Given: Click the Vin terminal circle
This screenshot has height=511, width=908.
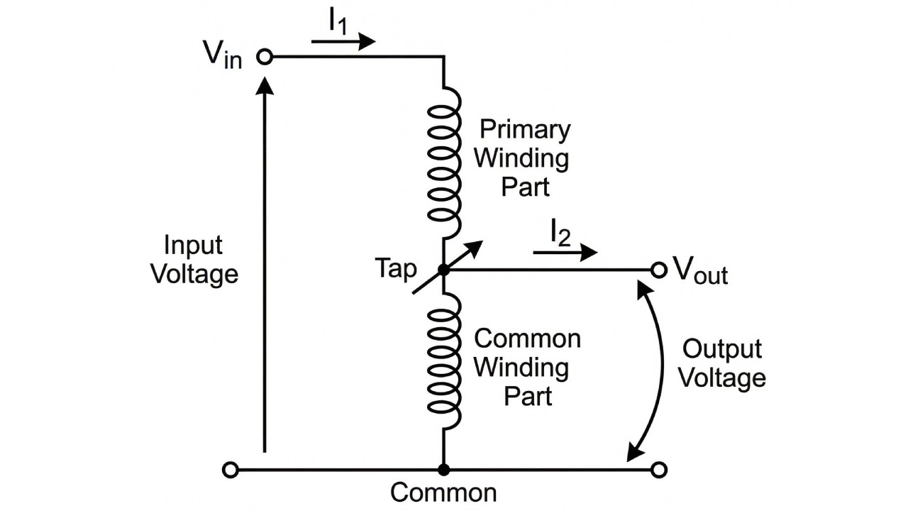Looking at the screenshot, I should pyautogui.click(x=265, y=57).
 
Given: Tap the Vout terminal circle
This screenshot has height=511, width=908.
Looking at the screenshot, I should pyautogui.click(x=659, y=270).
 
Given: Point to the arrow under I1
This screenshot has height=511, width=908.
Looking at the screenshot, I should pyautogui.click(x=343, y=42).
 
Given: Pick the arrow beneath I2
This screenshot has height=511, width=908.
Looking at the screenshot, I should pyautogui.click(x=565, y=252).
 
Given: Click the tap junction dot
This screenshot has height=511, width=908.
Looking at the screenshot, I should pyautogui.click(x=443, y=270).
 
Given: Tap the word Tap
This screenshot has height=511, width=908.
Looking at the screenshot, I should pyautogui.click(x=396, y=269).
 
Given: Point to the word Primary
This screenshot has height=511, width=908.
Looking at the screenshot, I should pyautogui.click(x=525, y=130).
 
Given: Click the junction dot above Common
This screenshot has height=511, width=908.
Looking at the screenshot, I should pyautogui.click(x=443, y=470).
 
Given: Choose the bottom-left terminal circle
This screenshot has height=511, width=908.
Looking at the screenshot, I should pyautogui.click(x=230, y=470).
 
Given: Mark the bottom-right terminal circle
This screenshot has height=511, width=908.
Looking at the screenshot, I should pyautogui.click(x=659, y=470).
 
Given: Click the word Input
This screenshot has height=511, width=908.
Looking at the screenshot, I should pyautogui.click(x=193, y=246).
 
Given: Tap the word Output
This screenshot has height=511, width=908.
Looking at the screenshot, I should pyautogui.click(x=721, y=349).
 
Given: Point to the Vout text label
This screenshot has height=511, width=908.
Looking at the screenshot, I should pyautogui.click(x=700, y=270).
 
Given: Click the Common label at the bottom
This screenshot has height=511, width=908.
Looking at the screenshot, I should pyautogui.click(x=443, y=493).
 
